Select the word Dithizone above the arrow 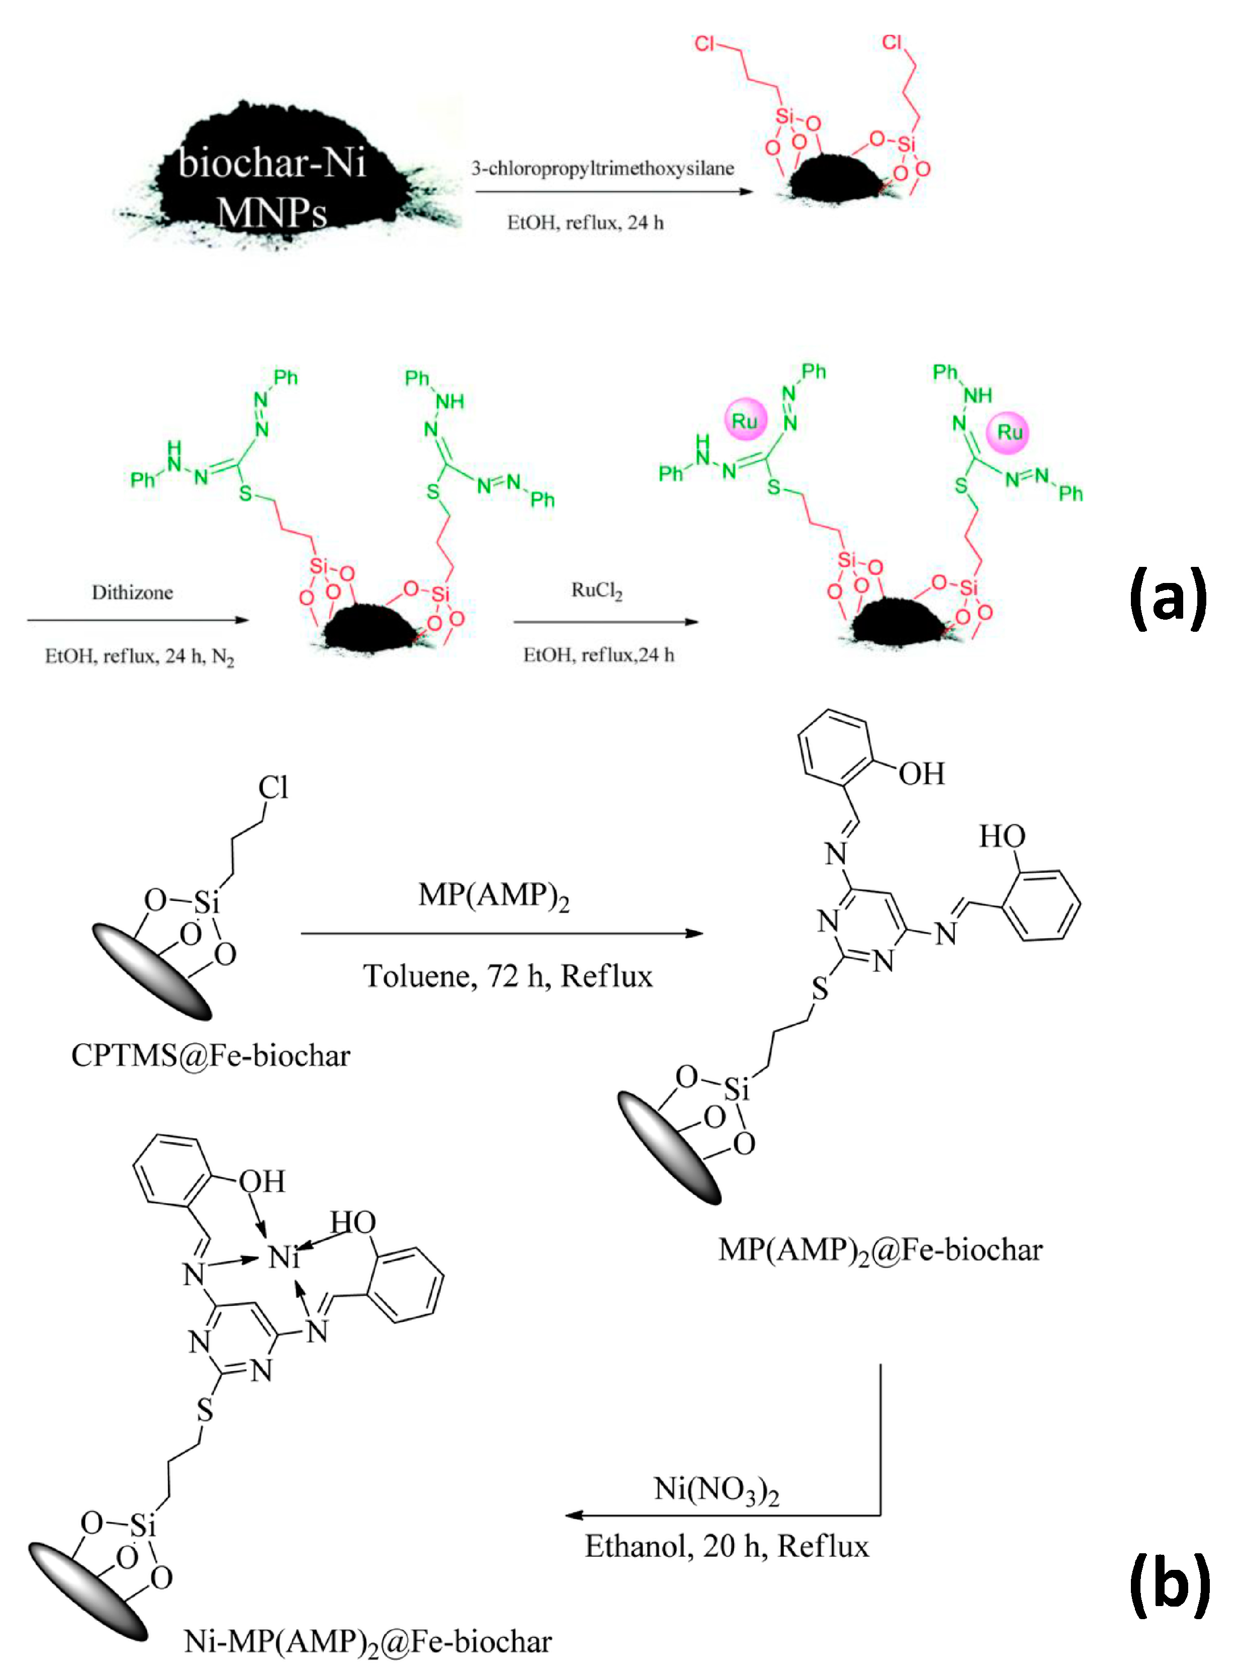point(132,593)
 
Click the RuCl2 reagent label point(597,591)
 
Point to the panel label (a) point(1169,598)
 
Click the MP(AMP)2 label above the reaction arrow point(493,895)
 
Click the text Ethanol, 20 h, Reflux point(727,1546)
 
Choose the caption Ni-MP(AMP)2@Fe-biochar point(368,1642)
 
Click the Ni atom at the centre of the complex point(284,1256)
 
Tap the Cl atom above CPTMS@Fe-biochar point(273,788)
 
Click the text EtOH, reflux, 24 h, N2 point(140,657)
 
